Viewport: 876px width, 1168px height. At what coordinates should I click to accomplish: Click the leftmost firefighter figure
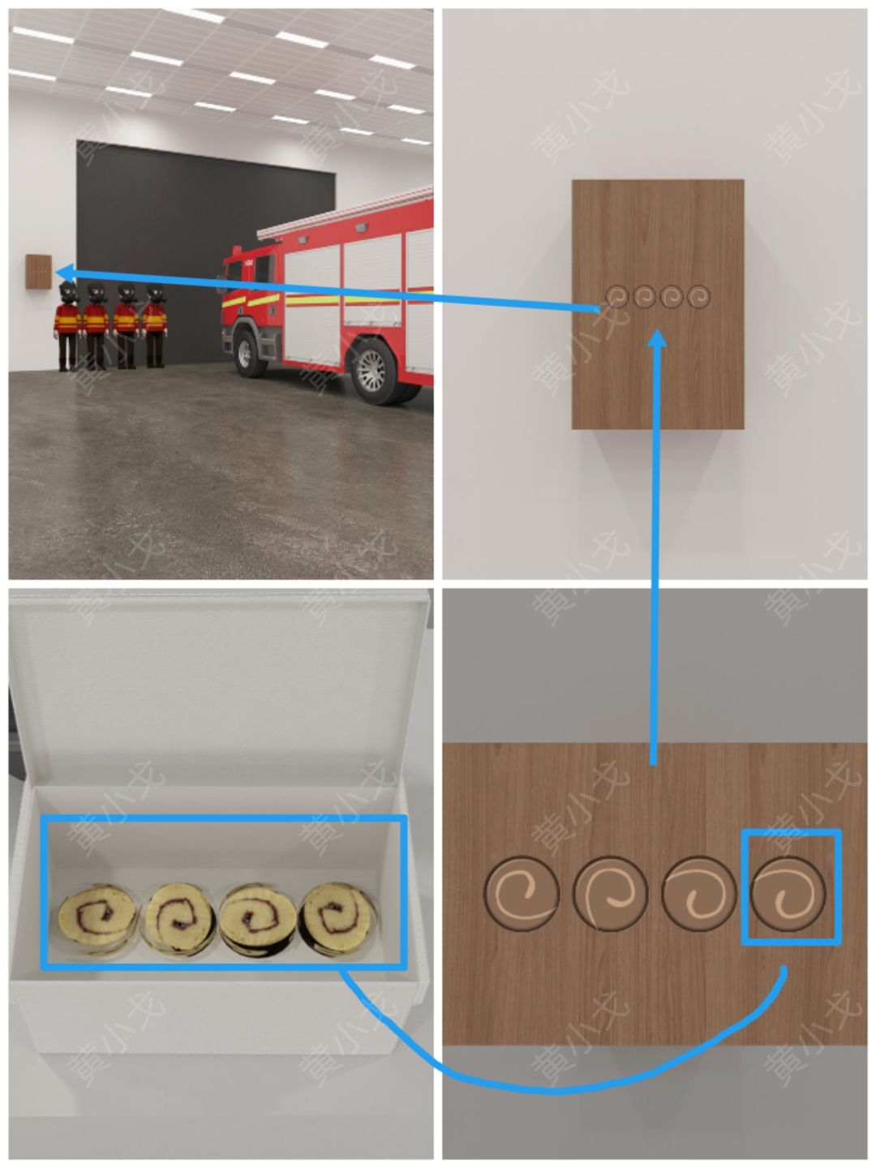pyautogui.click(x=67, y=326)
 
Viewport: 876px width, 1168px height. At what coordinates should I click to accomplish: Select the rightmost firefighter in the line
pyautogui.click(x=155, y=325)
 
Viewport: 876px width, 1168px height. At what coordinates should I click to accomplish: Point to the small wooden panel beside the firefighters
pyautogui.click(x=39, y=272)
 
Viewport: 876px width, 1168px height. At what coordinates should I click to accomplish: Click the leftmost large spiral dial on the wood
pyautogui.click(x=522, y=893)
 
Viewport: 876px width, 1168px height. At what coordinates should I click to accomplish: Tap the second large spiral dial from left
pyautogui.click(x=610, y=893)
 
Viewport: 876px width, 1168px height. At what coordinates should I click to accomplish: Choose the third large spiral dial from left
pyautogui.click(x=699, y=893)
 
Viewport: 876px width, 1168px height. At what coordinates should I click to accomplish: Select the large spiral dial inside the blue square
pyautogui.click(x=788, y=893)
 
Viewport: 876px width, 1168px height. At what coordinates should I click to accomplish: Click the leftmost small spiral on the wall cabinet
pyautogui.click(x=617, y=296)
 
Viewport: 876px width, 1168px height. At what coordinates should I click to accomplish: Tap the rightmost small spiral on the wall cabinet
pyautogui.click(x=698, y=296)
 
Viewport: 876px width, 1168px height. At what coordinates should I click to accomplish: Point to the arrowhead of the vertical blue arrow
pyautogui.click(x=659, y=338)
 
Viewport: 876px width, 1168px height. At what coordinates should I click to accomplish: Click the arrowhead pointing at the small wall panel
pyautogui.click(x=64, y=273)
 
